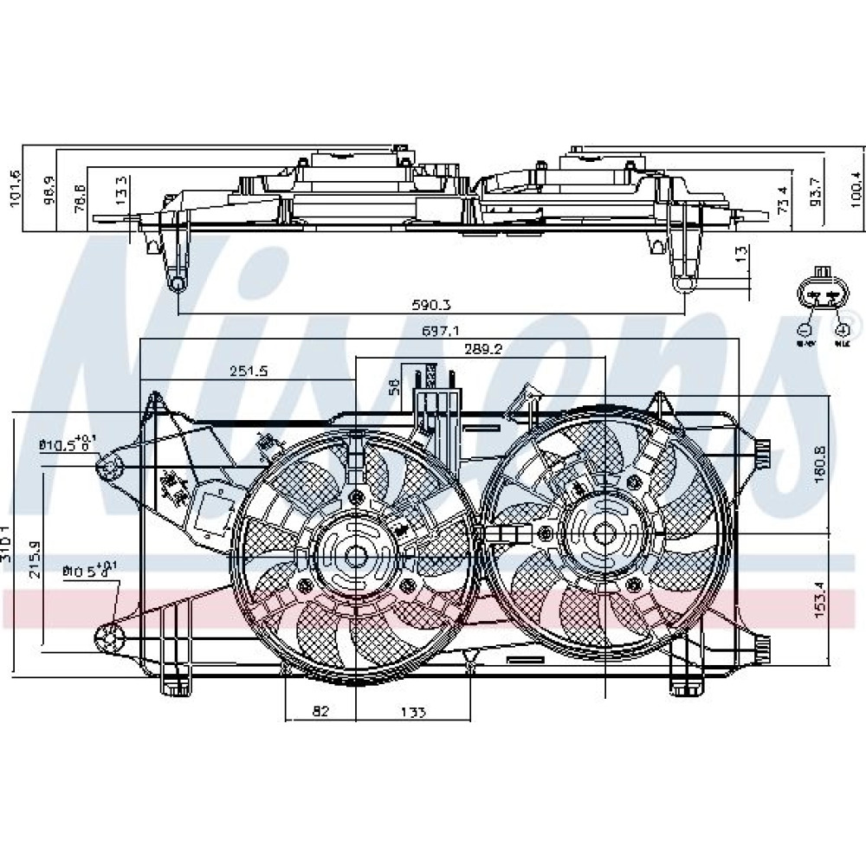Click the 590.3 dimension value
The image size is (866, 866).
click(x=431, y=306)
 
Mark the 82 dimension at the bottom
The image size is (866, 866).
click(x=320, y=712)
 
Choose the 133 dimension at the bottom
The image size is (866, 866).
click(x=413, y=712)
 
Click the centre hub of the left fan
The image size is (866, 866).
click(x=356, y=557)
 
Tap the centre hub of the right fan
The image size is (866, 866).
click(x=599, y=533)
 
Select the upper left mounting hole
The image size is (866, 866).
click(x=109, y=469)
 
